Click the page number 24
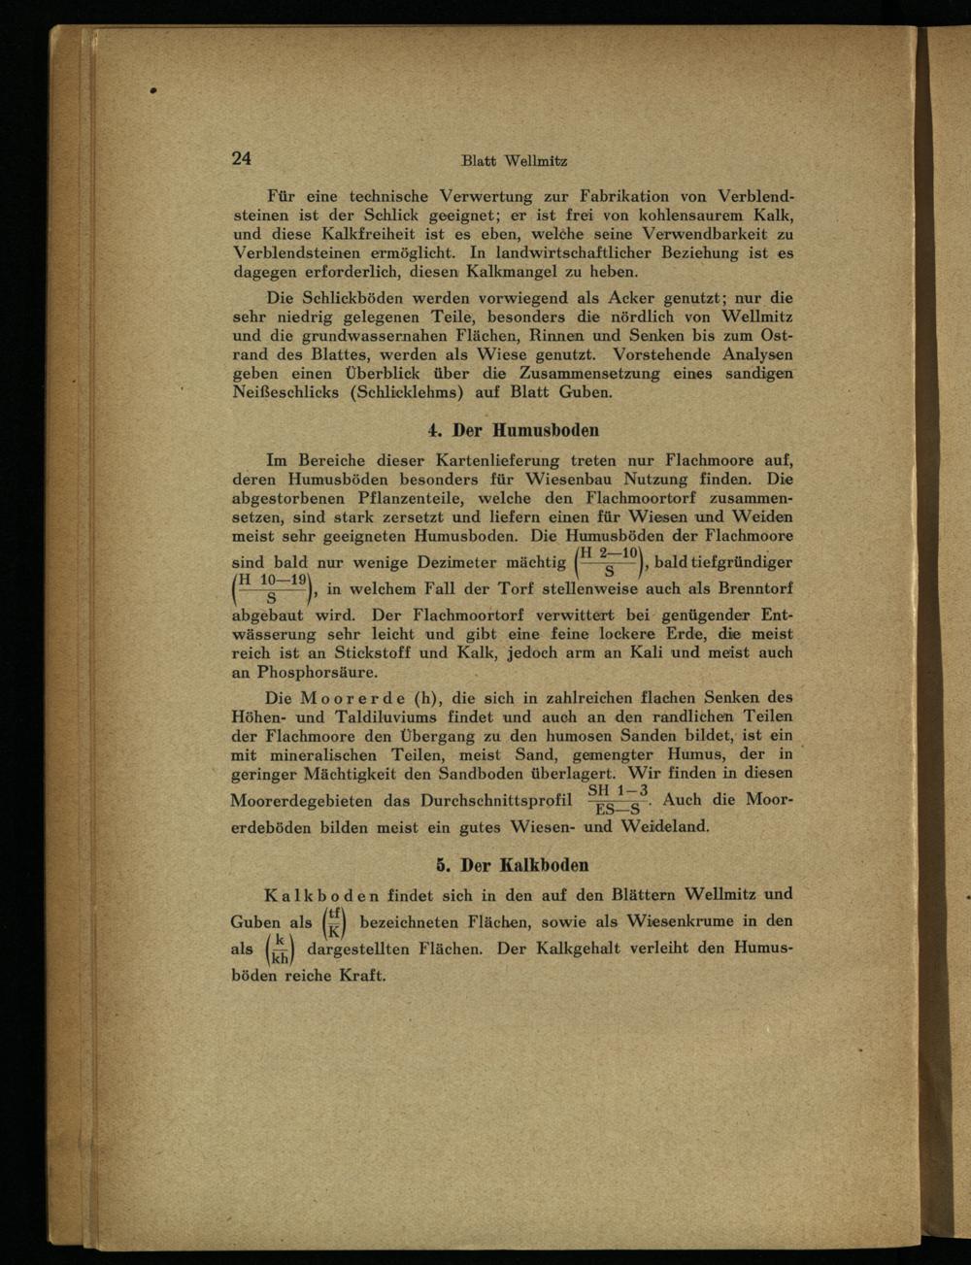(242, 158)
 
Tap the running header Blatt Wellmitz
(514, 161)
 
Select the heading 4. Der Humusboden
(513, 429)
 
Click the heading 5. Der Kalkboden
(513, 864)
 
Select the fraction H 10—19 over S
(272, 588)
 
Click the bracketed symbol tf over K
(335, 921)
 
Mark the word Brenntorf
(755, 588)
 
